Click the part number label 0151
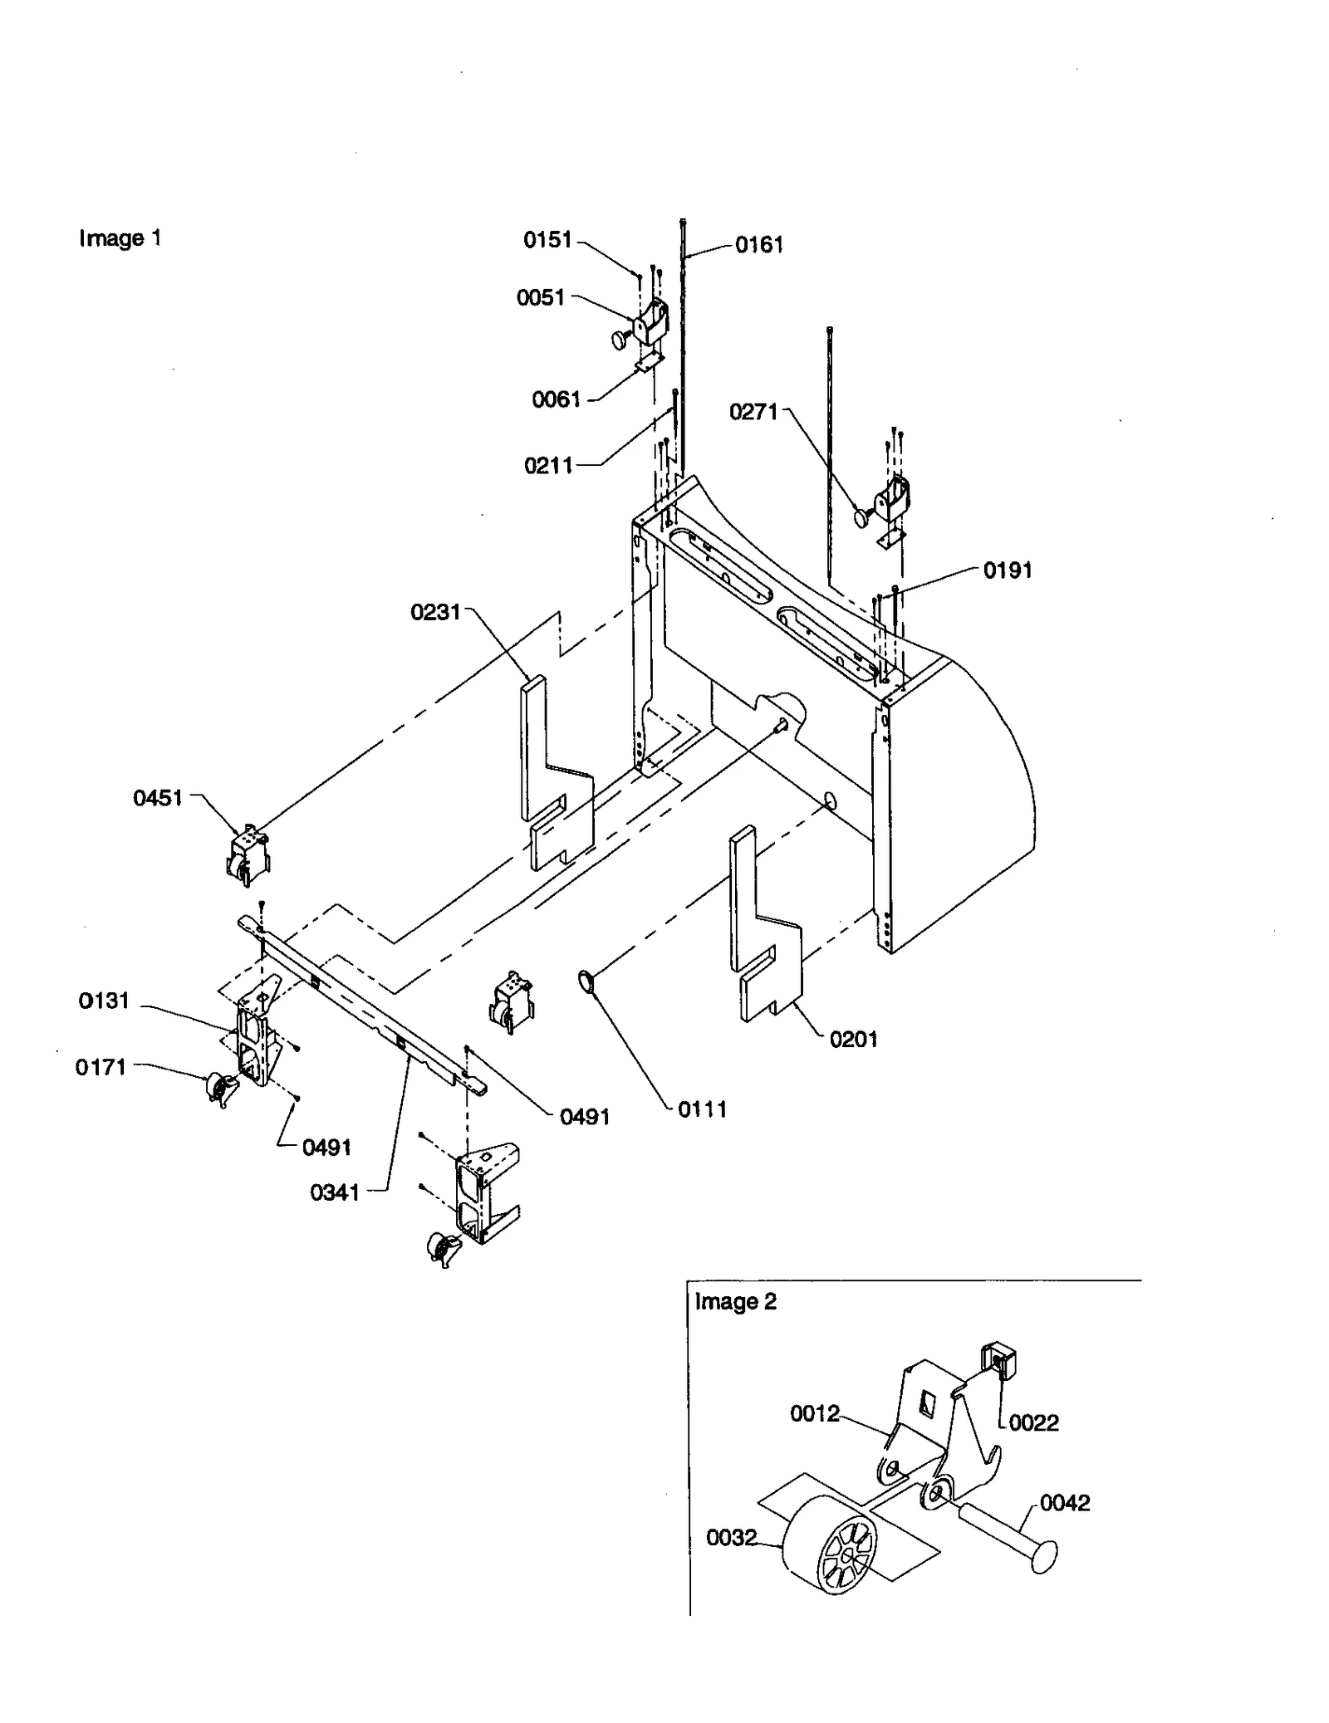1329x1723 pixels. (x=547, y=240)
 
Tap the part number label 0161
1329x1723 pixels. (x=758, y=245)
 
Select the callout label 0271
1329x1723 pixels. (x=753, y=412)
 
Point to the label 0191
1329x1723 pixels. (x=1007, y=570)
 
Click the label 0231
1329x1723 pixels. (x=435, y=613)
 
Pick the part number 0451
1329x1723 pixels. (x=158, y=799)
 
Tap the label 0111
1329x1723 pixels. (x=702, y=1109)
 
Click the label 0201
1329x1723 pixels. (x=853, y=1039)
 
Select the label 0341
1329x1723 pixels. (x=335, y=1193)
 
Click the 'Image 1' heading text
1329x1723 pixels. (x=120, y=239)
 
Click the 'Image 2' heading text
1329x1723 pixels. (x=735, y=1301)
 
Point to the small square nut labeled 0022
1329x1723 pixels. (x=996, y=1359)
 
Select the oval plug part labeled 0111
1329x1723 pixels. (x=586, y=983)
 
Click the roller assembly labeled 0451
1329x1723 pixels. (x=249, y=852)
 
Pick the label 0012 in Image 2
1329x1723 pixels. (x=814, y=1413)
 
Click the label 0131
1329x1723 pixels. (x=104, y=1001)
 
